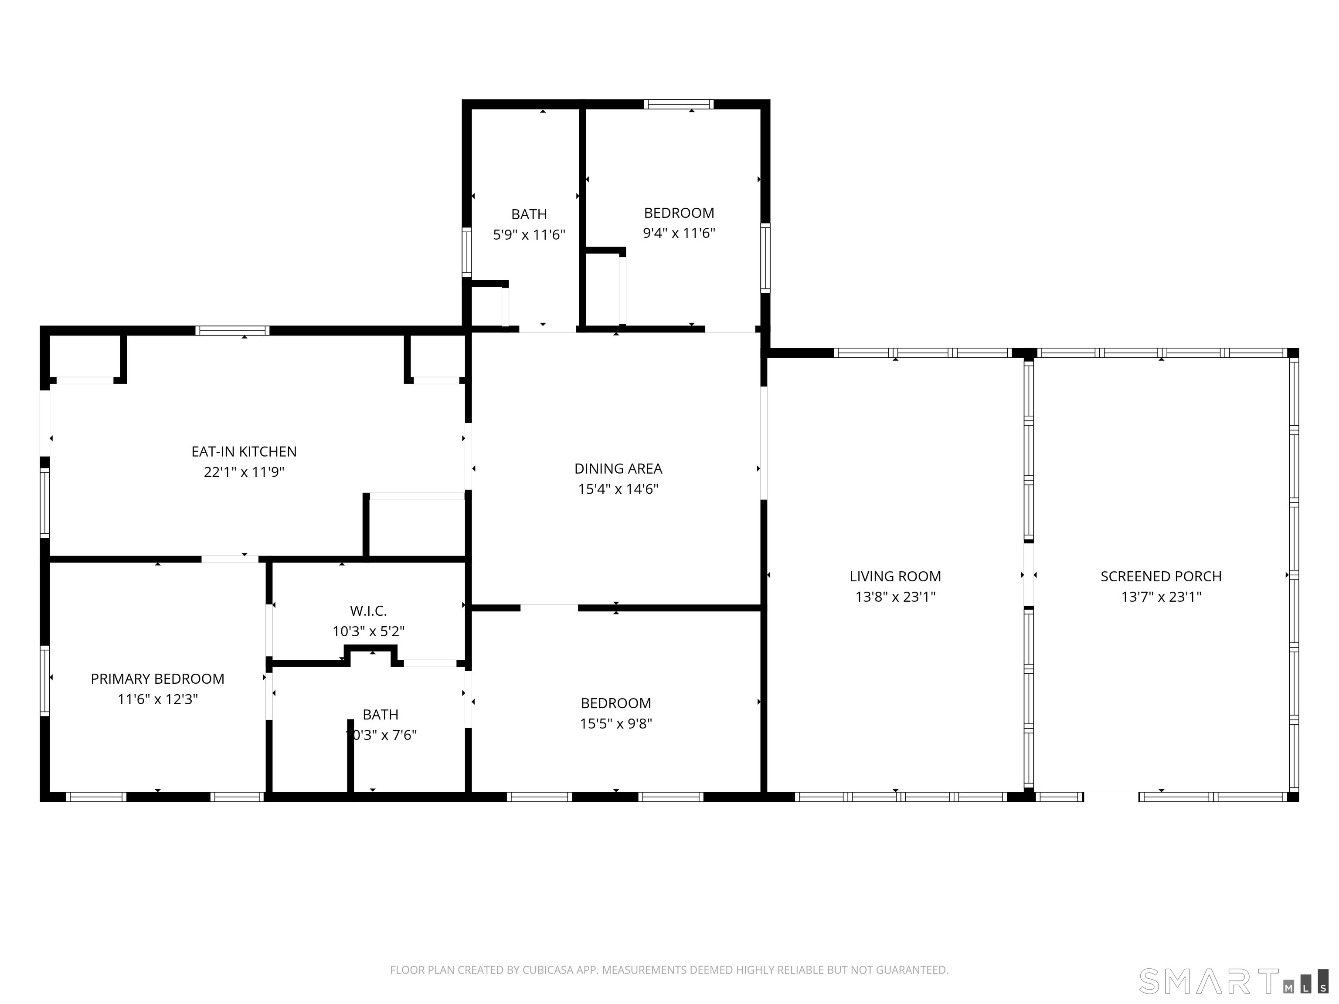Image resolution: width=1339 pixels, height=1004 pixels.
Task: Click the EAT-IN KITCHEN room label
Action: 244,451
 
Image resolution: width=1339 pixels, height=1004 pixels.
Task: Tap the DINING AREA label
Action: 618,468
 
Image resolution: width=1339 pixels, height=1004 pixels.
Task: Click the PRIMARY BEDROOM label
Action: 157,679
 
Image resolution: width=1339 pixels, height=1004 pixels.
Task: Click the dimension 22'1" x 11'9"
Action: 244,472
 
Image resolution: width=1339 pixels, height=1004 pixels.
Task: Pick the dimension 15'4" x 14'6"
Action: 618,489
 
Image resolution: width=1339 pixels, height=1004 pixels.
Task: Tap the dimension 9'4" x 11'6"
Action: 679,233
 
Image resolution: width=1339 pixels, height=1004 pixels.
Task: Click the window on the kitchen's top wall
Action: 232,330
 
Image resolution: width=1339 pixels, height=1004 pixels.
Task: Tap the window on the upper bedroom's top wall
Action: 679,104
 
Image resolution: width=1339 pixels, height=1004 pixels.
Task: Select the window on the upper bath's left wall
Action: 467,252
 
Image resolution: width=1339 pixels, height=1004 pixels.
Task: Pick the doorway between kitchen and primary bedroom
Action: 230,559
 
